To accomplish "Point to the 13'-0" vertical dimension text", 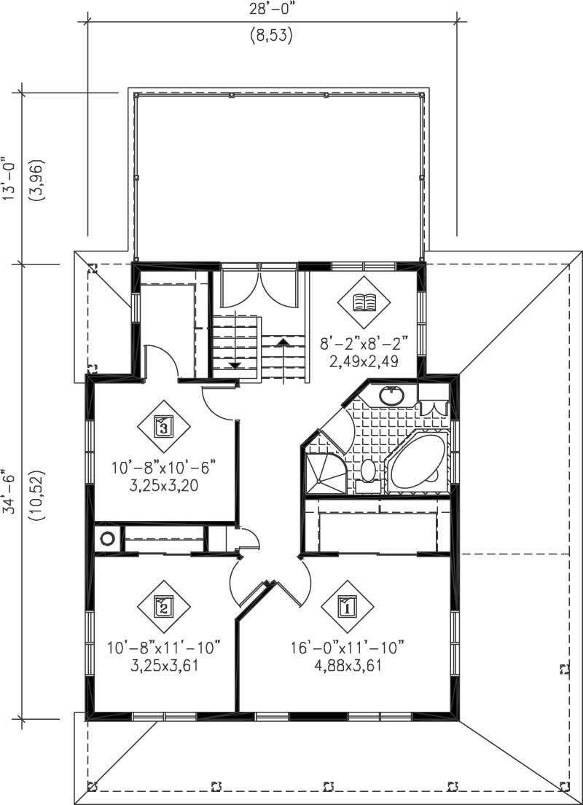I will (9, 178).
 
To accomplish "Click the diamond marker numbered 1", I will (347, 605).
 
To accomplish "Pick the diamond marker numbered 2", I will (163, 605).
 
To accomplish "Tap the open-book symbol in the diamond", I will (362, 302).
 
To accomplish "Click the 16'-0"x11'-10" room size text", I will (347, 647).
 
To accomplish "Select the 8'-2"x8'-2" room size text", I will (362, 342).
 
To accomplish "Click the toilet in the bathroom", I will (368, 471).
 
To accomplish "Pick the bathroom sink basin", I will (393, 396).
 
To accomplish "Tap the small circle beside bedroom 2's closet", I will (108, 540).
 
